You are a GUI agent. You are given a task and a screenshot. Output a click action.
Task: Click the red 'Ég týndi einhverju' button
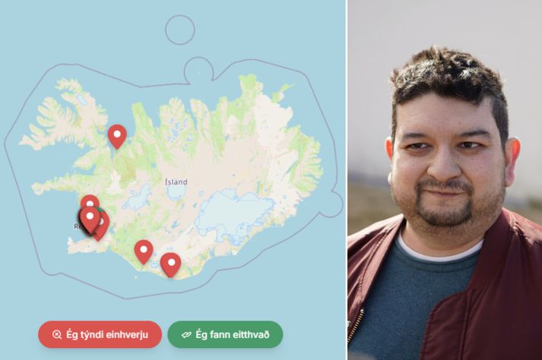click(x=100, y=334)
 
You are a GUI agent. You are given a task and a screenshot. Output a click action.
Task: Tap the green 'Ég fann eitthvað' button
click(x=225, y=334)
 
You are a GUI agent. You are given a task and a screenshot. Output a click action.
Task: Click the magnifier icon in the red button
click(x=56, y=335)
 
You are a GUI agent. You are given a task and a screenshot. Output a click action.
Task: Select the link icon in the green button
click(x=186, y=335)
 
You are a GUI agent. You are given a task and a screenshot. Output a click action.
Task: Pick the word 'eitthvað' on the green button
click(x=252, y=334)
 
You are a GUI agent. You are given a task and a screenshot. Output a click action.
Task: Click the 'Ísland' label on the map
click(x=176, y=182)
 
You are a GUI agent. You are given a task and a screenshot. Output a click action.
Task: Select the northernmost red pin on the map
click(x=117, y=134)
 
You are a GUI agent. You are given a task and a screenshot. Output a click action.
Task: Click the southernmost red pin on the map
click(x=170, y=264)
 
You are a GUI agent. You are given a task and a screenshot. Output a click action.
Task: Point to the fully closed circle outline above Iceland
click(x=180, y=30)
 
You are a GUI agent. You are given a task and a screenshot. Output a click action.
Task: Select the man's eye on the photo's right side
click(x=471, y=144)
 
